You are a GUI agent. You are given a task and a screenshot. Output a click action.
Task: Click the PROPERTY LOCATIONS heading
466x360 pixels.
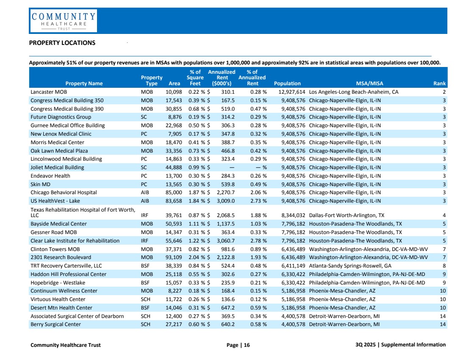point(62,43)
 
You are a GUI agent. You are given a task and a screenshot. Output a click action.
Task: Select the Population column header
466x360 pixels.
point(287,84)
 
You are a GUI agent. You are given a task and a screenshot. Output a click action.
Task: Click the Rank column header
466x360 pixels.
point(439,84)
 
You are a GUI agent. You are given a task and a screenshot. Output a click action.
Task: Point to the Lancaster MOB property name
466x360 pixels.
point(49,92)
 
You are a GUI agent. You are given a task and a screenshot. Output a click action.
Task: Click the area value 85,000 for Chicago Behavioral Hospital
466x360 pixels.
point(174,193)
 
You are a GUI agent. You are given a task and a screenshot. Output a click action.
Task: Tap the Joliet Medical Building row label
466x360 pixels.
point(57,167)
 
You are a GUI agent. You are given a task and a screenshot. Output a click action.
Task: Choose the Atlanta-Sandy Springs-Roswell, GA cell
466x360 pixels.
point(350,266)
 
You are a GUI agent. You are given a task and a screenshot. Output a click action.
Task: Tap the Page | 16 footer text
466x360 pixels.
point(238,345)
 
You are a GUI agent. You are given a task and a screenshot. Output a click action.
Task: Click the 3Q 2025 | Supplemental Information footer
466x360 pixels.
point(400,345)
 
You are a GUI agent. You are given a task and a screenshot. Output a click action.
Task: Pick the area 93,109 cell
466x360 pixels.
point(174,257)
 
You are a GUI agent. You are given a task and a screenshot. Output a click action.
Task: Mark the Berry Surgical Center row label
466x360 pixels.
point(55,324)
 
